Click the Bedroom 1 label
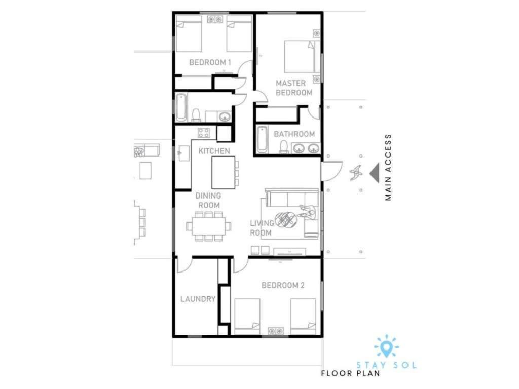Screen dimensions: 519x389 pyautogui.click(x=210, y=62)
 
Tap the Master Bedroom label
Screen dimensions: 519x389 pyautogui.click(x=294, y=88)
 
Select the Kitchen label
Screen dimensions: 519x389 pyautogui.click(x=214, y=151)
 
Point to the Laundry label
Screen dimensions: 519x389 pyautogui.click(x=198, y=299)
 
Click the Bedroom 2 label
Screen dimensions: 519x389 pyautogui.click(x=283, y=285)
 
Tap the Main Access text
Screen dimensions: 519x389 pyautogui.click(x=388, y=167)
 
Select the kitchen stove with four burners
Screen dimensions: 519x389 pyautogui.click(x=204, y=133)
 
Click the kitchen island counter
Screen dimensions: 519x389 pyautogui.click(x=224, y=172)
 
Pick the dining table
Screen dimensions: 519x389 pyautogui.click(x=208, y=226)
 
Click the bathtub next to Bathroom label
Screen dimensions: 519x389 pyautogui.click(x=262, y=139)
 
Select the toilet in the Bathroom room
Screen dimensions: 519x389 pyautogui.click(x=284, y=147)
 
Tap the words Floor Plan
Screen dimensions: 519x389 pyautogui.click(x=351, y=374)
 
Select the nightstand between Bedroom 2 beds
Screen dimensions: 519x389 pyautogui.click(x=275, y=331)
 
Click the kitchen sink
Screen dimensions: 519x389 pyautogui.click(x=184, y=153)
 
